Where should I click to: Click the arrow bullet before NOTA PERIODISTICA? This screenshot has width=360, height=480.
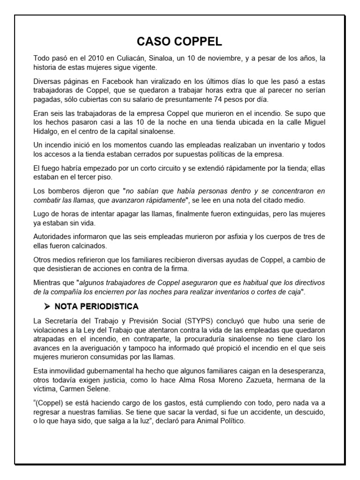point(47,307)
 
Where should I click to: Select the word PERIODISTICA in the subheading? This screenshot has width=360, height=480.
point(108,307)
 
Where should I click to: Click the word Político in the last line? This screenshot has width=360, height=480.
point(232,421)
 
